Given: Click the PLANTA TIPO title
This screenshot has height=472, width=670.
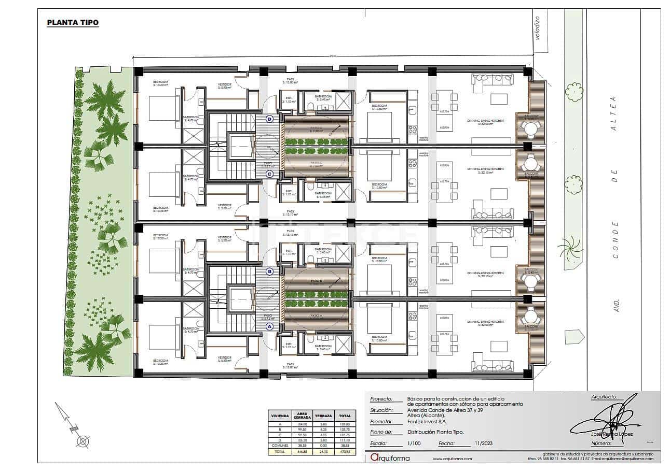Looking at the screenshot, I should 73,22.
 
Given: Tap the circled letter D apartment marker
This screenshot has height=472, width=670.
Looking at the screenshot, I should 269,119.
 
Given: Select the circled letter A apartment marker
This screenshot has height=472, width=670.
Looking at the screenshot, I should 269,326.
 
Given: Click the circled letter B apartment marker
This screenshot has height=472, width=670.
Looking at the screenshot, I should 269,271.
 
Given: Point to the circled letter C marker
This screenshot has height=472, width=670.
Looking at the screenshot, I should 269,174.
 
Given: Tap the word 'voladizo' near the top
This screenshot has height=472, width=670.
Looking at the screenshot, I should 538,28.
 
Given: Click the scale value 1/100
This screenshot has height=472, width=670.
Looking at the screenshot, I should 414,444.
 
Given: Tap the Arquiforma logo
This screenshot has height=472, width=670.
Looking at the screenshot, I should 390,457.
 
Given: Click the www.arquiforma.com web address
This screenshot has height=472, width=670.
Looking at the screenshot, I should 452,459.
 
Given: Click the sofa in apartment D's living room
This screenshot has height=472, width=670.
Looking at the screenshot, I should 492,79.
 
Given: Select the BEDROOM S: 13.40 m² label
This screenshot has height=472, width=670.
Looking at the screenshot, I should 160,84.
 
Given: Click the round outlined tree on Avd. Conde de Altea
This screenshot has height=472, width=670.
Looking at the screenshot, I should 574,92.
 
